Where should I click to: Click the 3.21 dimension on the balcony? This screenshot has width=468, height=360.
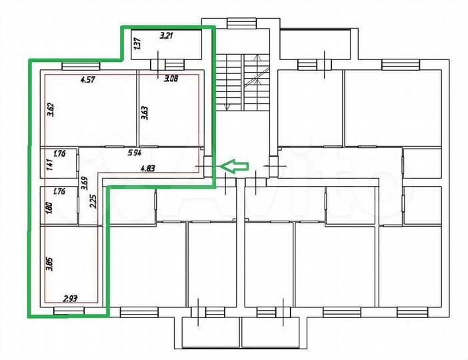click(165, 37)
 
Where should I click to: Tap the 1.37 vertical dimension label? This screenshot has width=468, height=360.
click(137, 45)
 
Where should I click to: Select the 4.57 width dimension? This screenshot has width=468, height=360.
click(87, 81)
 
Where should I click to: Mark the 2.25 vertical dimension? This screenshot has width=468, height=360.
click(93, 201)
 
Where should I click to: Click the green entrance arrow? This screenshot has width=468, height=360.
click(234, 166)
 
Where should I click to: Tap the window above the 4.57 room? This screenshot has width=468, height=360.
click(80, 65)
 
